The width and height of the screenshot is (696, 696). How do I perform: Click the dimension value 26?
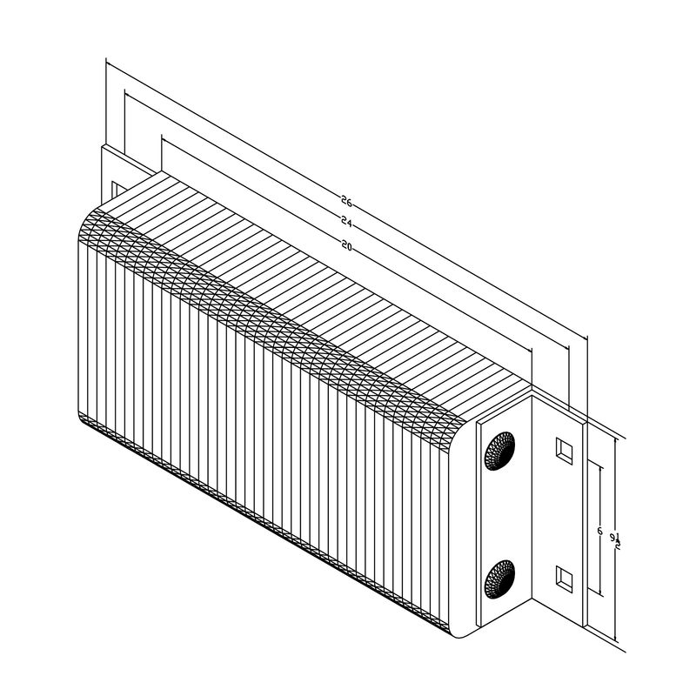[346, 203]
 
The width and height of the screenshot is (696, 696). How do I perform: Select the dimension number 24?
[346, 224]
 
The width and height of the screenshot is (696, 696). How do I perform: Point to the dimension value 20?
[346, 247]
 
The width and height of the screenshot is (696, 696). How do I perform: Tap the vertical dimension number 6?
[599, 530]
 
